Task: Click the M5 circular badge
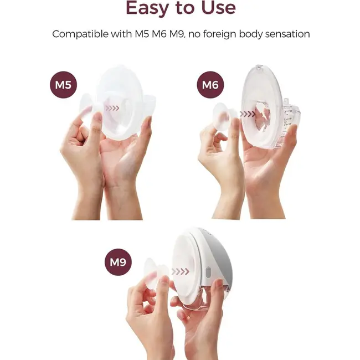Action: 63,85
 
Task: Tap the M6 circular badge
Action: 210,85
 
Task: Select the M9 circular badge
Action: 118,262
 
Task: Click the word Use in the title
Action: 218,8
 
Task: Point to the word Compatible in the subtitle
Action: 80,34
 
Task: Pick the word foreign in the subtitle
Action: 219,34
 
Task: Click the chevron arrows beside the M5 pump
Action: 112,108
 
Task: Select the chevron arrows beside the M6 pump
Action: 247,114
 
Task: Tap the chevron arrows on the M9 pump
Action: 181,271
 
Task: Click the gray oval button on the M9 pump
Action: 208,272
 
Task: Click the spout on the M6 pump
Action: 285,101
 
